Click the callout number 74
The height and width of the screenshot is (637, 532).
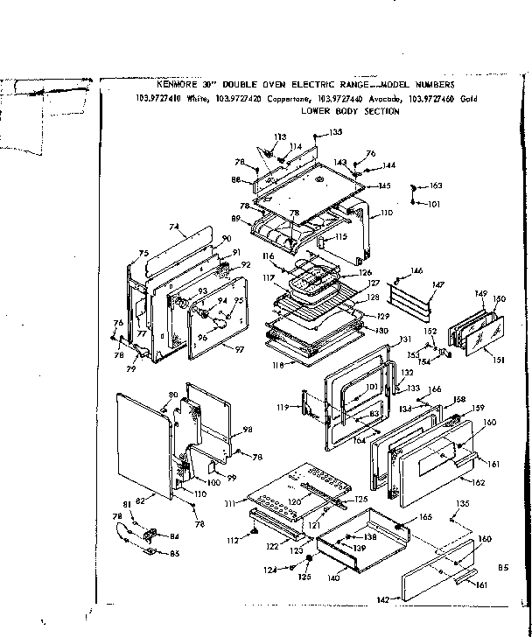tap(174, 227)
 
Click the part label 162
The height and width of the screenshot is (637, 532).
tap(478, 482)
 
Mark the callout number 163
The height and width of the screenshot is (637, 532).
tap(436, 185)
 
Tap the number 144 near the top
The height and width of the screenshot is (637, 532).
tap(389, 164)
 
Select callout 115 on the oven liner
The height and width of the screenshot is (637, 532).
tap(340, 236)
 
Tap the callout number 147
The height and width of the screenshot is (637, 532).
tap(437, 285)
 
